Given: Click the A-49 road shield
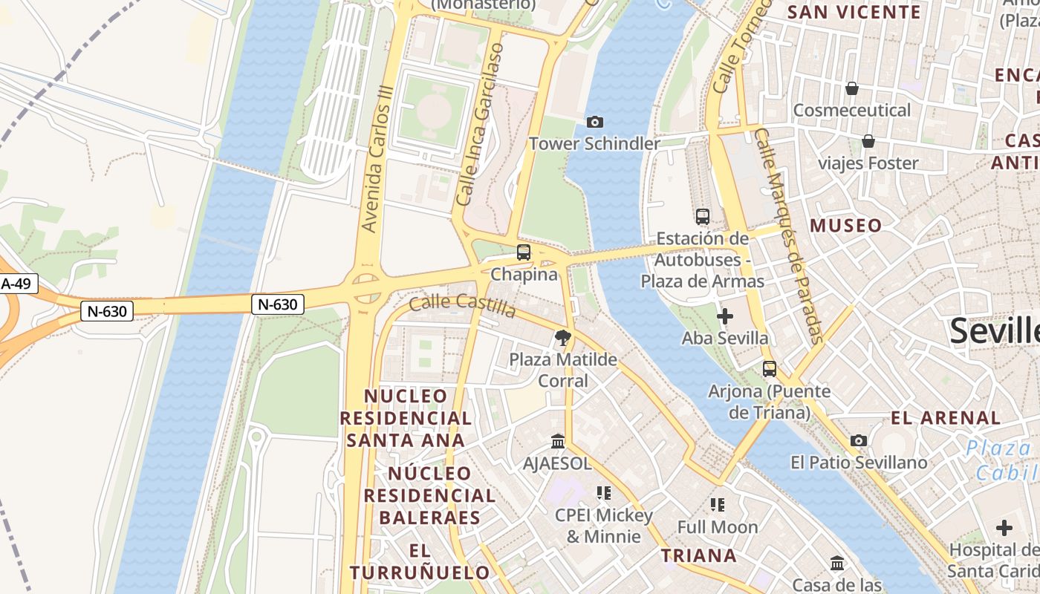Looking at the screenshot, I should tap(16, 284).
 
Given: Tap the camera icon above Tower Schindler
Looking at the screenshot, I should tap(594, 122).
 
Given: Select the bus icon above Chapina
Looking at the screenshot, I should tap(524, 252).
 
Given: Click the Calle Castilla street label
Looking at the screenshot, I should tap(462, 304).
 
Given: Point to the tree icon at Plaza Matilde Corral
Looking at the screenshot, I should tap(563, 339).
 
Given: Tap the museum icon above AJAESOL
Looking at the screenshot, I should tap(558, 443).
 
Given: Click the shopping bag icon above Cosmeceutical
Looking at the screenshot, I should tap(851, 89).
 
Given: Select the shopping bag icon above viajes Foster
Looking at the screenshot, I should tap(868, 141).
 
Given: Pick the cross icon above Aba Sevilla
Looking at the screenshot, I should tap(724, 316).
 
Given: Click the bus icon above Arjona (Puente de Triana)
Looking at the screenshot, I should tap(769, 369).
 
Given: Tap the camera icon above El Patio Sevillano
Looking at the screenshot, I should tap(859, 441).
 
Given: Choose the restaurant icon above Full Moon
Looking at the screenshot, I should tap(717, 506).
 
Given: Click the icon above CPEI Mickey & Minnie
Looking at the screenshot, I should tap(604, 493).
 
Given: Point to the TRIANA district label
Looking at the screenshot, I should tap(699, 555).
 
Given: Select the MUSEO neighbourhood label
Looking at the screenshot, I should tap(846, 226).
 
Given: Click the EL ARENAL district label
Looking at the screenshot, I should tap(946, 418).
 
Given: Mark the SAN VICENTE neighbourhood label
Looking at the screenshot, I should tap(854, 12).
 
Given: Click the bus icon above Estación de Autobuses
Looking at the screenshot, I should tap(702, 217).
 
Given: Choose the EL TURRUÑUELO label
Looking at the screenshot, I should tap(420, 562).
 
